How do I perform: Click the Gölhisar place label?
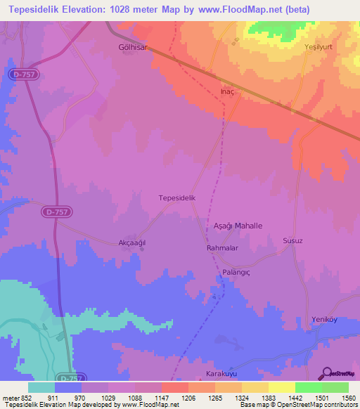coord(131,48)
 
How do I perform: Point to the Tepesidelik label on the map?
coord(181,199)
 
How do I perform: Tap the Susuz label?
coord(292,240)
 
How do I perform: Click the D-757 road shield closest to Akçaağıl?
coord(60,211)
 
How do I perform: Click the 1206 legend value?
coord(188,397)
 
